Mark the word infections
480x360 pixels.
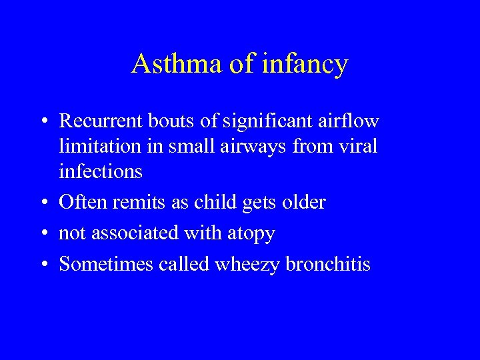click(x=101, y=171)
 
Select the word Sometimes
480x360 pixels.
click(x=107, y=265)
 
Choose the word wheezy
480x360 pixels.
click(x=246, y=265)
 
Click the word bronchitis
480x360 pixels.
click(x=328, y=265)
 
